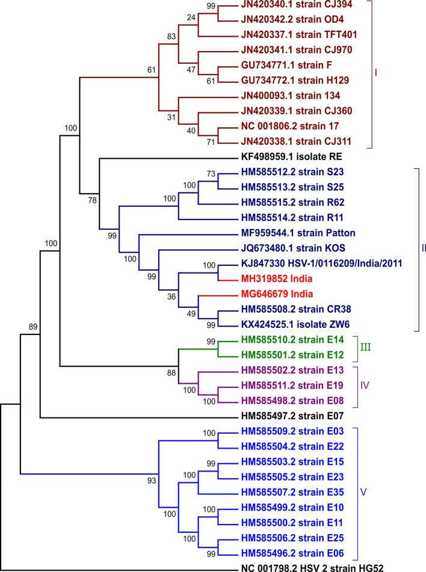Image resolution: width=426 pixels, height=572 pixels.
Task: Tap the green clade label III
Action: [366, 348]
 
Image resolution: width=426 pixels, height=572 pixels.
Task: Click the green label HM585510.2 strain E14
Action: [282, 340]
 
